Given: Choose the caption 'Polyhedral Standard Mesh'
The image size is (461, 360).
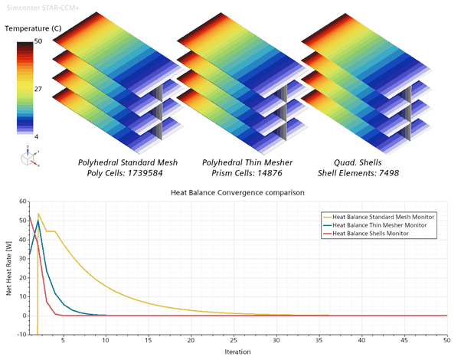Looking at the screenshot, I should (x=127, y=163).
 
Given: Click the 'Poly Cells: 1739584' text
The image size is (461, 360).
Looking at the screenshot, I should (x=127, y=174).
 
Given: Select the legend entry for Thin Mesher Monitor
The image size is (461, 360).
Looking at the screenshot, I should (x=378, y=226).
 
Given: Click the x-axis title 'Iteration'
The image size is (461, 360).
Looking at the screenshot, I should (x=238, y=352).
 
